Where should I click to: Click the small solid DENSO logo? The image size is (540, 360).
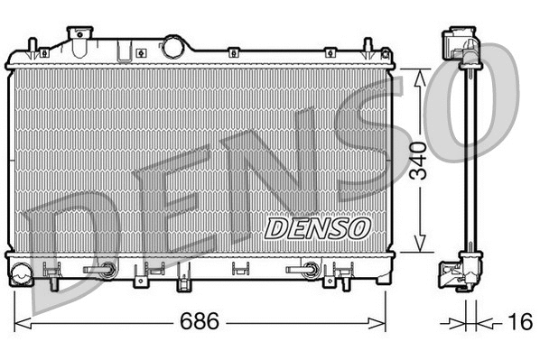click(316, 226)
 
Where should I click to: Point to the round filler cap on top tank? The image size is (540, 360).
click(172, 46)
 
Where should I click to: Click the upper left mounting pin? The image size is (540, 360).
click(32, 48)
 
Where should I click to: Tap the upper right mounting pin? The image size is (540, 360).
click(368, 48)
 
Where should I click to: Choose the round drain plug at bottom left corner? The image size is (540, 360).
click(21, 269)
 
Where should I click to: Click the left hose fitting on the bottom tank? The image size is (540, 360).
click(102, 269)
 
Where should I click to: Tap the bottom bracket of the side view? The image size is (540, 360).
click(461, 269)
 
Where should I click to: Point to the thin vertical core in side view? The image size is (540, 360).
click(467, 162)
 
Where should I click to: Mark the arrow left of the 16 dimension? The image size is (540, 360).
click(456, 322)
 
